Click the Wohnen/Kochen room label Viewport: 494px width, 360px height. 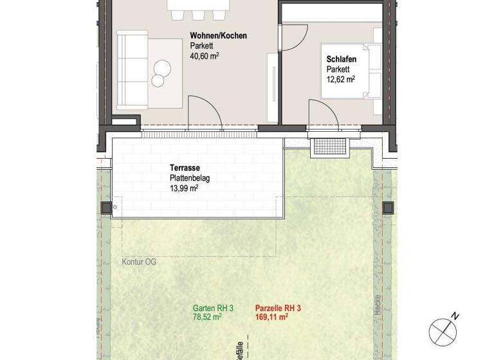(218, 36)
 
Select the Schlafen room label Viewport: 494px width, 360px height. (342, 60)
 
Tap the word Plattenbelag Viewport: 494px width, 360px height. (190, 177)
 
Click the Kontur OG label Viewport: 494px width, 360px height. (139, 262)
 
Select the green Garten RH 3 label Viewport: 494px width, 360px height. (213, 309)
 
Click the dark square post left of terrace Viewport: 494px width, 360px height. (106, 208)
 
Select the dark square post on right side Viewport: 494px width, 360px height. (388, 207)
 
